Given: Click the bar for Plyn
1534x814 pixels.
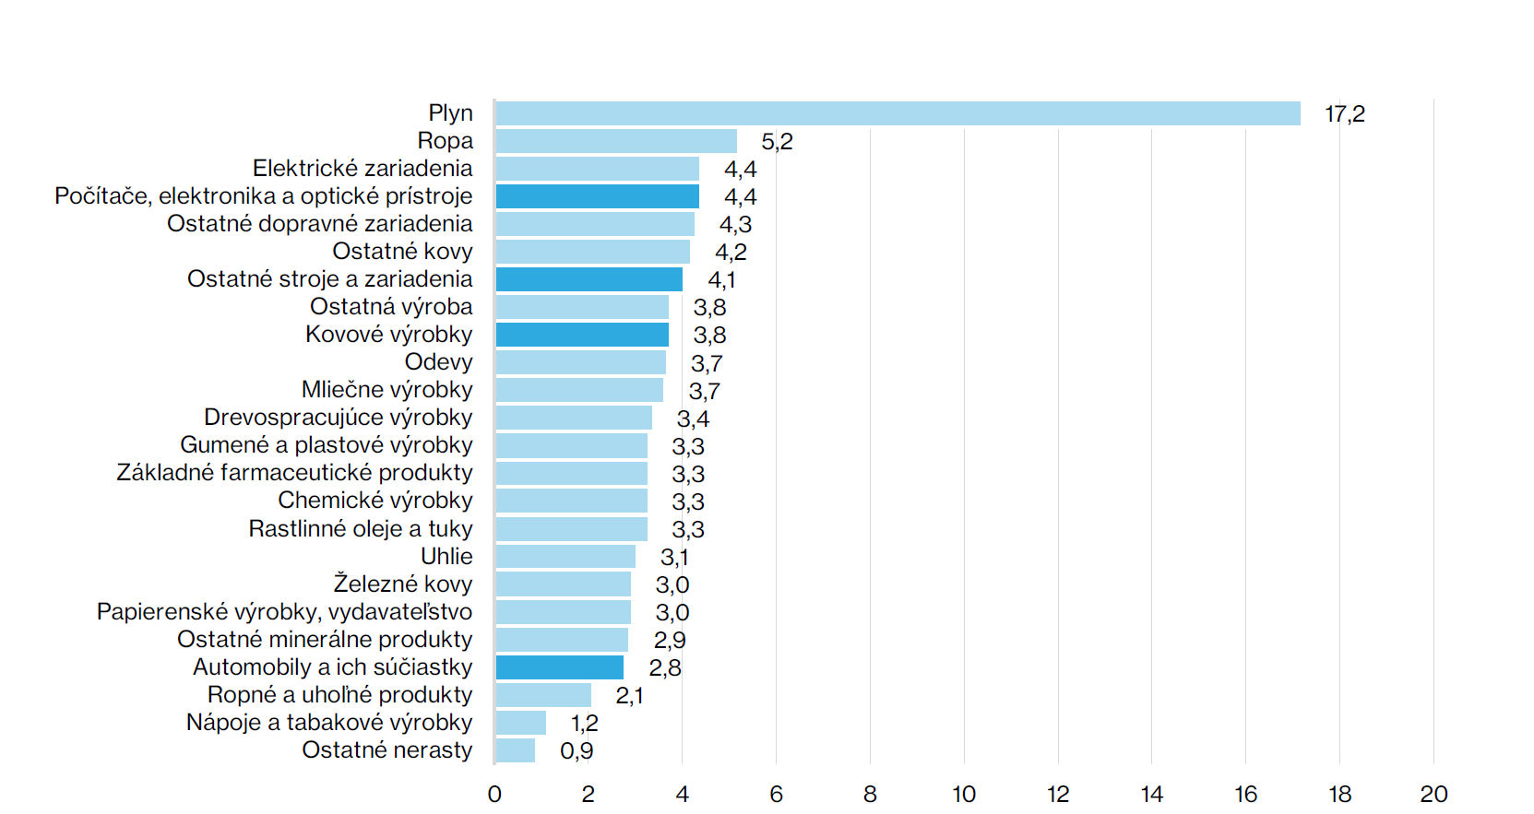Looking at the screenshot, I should coord(898,113).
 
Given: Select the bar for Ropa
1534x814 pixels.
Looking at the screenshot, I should coord(616,141).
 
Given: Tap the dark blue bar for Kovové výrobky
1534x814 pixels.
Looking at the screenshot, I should coord(582,335).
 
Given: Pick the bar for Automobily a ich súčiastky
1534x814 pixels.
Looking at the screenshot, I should coord(559,667).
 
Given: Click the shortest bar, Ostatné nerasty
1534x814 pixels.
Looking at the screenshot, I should coord(515,750).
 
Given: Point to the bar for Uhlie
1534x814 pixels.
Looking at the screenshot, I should coord(565,557).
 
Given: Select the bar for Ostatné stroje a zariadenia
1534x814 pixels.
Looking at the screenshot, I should coord(589,279).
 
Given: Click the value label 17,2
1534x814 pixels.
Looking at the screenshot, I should coord(1344,114).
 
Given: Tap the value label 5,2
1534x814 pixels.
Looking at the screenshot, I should coord(777,142).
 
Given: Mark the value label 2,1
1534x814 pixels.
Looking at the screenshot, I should coord(629,695).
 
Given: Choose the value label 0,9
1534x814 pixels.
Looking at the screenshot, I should coord(577,750).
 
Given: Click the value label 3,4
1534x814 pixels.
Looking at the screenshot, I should coord(693,419).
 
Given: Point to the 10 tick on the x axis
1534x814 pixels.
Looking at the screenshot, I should coord(964,794).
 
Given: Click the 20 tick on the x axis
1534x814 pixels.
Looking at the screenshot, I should coord(1433,794).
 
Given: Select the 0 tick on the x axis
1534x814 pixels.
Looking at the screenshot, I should coord(494,794).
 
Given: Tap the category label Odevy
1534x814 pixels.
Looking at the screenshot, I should coord(438,362).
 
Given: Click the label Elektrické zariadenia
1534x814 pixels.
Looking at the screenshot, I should coord(363,169).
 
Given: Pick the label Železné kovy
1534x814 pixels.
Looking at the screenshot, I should coord(402,584).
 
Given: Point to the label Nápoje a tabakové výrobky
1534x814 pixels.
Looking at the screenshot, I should coord(329,722).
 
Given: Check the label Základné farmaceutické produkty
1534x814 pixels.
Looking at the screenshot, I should coord(294,473).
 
